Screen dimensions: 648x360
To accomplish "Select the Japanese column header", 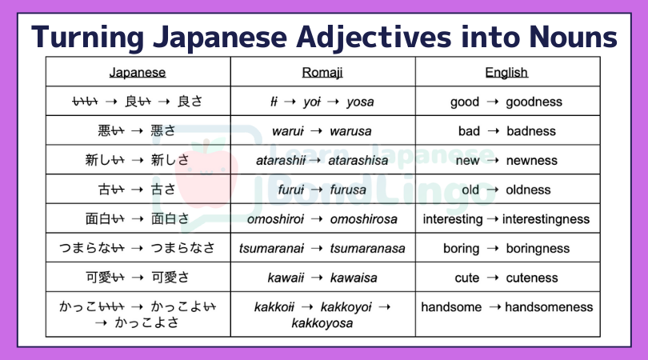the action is (138, 73).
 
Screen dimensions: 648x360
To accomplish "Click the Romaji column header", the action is (322, 73).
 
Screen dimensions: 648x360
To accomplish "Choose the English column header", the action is (506, 73).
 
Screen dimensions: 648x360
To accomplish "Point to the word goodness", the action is (534, 102).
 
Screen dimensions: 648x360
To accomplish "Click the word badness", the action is (531, 131).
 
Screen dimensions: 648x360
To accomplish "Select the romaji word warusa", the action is (350, 131).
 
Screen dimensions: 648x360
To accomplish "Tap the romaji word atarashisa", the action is (358, 160).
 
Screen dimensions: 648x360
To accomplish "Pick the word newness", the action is (532, 161).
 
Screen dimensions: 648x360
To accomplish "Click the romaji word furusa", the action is (348, 190).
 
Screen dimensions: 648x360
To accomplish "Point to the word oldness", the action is (528, 190).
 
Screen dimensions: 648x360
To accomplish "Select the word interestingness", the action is (546, 219).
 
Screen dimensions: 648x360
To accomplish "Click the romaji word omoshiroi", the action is (275, 219).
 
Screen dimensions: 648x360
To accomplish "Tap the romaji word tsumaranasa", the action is (367, 249).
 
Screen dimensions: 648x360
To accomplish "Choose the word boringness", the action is (538, 249).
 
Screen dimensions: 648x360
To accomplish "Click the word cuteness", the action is (532, 278).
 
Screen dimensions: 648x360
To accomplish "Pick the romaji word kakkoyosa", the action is (322, 323).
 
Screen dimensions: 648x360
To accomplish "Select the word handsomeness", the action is (549, 307).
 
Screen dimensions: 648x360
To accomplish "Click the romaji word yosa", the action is (360, 102).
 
